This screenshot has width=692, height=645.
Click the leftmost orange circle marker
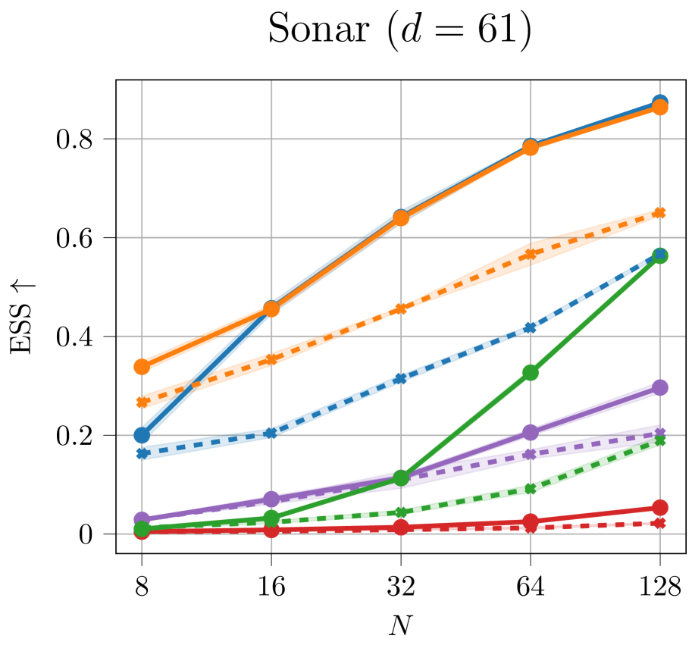[142, 367]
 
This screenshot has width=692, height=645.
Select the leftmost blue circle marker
[142, 435]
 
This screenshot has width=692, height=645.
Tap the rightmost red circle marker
[659, 508]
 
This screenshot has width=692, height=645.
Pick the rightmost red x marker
[659, 523]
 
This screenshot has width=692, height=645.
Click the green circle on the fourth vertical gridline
[530, 372]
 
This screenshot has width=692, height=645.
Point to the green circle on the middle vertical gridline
[401, 477]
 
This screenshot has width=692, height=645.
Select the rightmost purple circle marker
[659, 387]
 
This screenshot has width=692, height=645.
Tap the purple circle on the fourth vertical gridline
[530, 432]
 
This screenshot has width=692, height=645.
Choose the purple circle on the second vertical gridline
[271, 499]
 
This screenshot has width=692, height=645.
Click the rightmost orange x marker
[659, 212]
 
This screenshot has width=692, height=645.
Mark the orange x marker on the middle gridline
[401, 308]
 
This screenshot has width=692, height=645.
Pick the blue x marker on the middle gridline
[401, 378]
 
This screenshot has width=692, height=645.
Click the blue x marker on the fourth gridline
[530, 328]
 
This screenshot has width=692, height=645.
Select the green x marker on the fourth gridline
[530, 489]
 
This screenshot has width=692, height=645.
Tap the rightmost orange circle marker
[659, 108]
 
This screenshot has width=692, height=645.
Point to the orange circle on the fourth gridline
[530, 147]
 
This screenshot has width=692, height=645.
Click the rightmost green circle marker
[659, 255]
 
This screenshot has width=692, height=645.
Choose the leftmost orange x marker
[142, 402]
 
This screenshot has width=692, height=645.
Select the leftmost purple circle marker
[142, 519]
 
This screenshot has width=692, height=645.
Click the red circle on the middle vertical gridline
[401, 527]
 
